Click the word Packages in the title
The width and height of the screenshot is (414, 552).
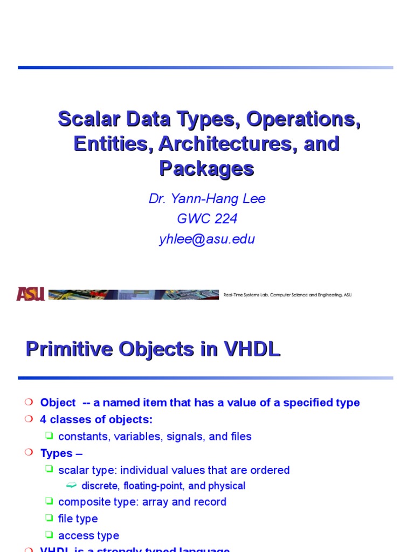click(206, 169)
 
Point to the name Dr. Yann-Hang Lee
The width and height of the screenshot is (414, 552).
click(207, 199)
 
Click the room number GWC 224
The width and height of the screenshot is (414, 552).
click(207, 219)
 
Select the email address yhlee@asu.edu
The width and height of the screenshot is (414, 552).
click(207, 239)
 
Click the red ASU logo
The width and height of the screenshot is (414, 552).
click(30, 294)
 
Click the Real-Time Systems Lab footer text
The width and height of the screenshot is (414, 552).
click(287, 295)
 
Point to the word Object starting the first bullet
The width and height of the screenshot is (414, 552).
click(58, 403)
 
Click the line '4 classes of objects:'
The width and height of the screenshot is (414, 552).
click(96, 419)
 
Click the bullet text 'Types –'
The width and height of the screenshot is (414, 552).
click(61, 453)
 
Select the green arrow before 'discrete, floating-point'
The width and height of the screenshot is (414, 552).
click(72, 486)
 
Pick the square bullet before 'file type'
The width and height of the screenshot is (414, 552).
click(49, 519)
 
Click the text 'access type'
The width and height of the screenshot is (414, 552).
click(88, 535)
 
